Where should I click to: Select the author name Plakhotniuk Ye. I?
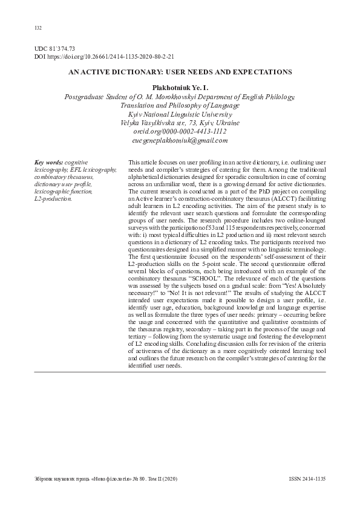click(180, 88)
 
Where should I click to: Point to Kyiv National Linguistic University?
click(180, 114)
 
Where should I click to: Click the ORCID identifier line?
click(180, 131)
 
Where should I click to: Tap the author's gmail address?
click(180, 140)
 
